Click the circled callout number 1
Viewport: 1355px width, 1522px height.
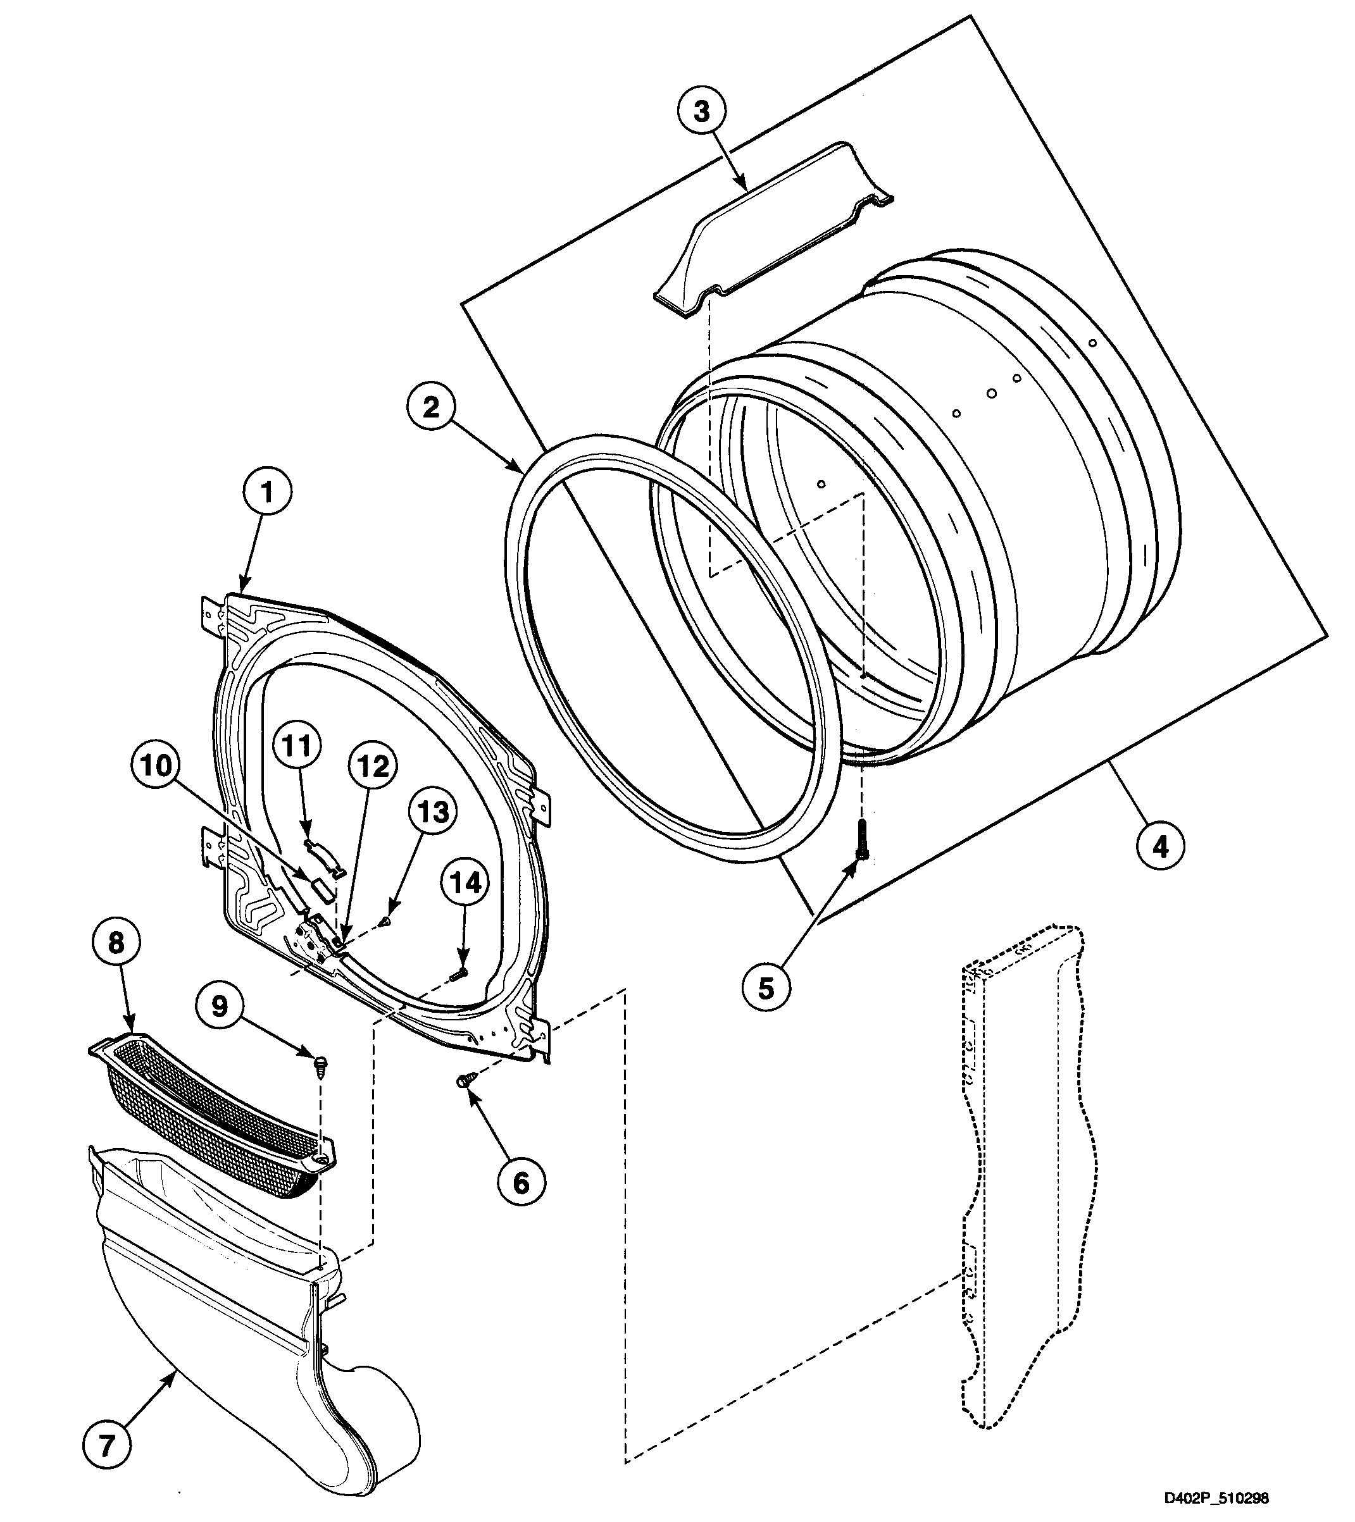[x=266, y=492]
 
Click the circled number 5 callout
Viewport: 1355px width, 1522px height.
[x=766, y=987]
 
